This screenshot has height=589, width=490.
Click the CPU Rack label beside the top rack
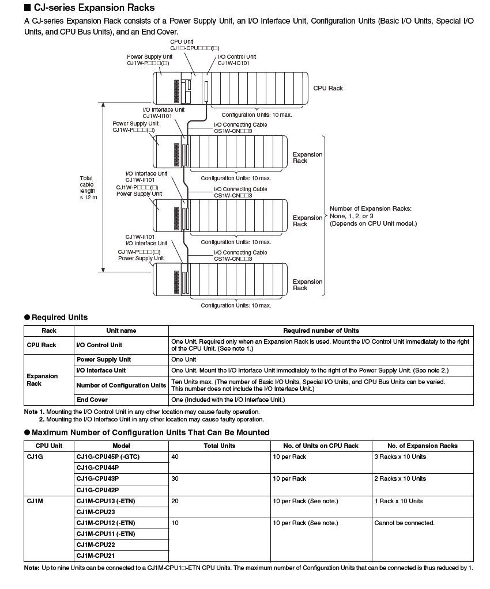327,88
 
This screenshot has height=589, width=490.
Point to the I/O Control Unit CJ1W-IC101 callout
236,60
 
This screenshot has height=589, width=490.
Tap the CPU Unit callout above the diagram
194,45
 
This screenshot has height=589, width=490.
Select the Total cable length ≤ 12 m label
88,188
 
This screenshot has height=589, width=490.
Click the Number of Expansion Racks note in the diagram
372,216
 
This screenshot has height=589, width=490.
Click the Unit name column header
121,330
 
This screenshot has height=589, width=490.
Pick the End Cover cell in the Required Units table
92,400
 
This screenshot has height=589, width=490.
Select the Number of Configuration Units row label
121,385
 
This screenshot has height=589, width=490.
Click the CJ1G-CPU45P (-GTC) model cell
108,457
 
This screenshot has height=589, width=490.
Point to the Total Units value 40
175,457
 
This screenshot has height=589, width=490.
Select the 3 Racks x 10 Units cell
400,457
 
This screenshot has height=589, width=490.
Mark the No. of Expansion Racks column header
422,446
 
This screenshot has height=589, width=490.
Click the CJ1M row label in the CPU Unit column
35,501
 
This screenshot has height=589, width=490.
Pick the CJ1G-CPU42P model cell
97,489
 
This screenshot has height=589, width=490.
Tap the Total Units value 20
175,501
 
